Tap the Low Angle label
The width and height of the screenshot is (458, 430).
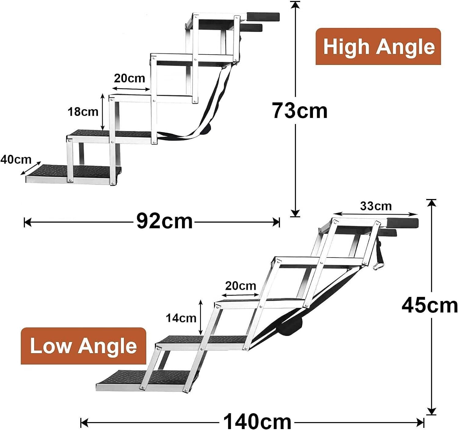[x=83, y=346]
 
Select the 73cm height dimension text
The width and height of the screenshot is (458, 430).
[x=300, y=111]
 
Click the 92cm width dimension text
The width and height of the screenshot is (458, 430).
[x=164, y=221]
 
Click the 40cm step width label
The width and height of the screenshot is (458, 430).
[x=16, y=159]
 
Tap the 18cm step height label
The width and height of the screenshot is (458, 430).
[x=83, y=112]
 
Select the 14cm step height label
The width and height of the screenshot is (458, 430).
[x=181, y=318]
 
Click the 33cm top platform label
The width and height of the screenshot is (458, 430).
[x=376, y=206]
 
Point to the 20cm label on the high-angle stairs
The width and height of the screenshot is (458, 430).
[x=129, y=78]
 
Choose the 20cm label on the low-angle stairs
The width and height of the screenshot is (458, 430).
[x=241, y=286]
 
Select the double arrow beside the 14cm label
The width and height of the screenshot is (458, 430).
[x=201, y=318]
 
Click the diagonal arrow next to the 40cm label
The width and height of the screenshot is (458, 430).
[x=31, y=168]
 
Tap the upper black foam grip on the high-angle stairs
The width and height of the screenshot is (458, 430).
[x=263, y=16]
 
